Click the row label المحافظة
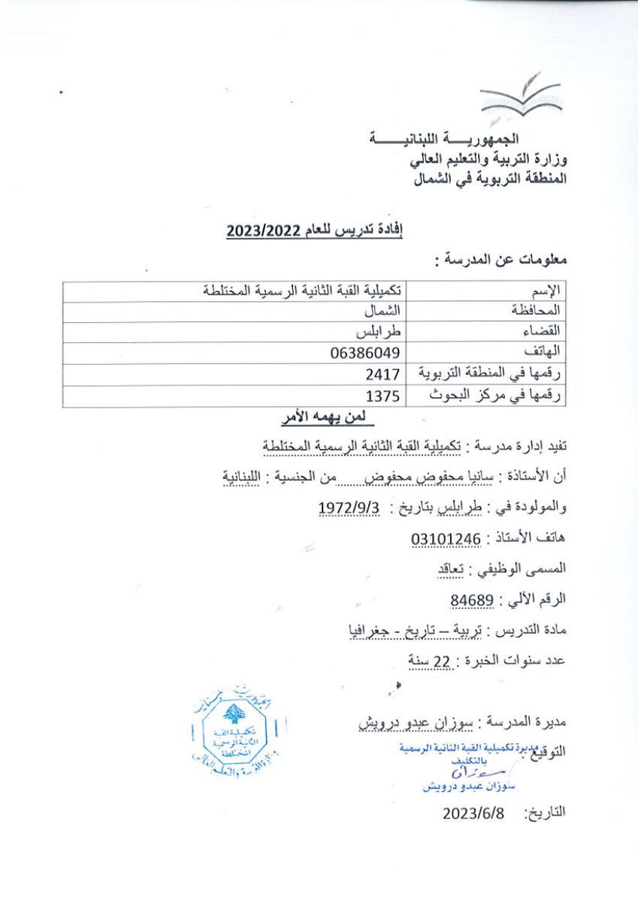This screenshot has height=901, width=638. click(x=538, y=310)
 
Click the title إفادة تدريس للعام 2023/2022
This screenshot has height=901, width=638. click(x=315, y=232)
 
